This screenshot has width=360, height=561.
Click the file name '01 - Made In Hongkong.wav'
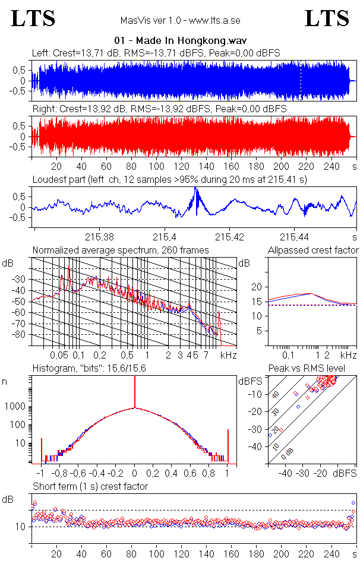coord(180,40)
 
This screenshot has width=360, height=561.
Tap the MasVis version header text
coord(180,20)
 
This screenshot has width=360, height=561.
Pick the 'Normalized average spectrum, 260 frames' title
coord(121,250)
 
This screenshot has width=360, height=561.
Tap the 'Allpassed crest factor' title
coord(313,250)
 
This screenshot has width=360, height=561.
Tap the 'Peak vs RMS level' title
coord(313,369)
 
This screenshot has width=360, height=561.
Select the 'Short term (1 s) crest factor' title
coord(90,486)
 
